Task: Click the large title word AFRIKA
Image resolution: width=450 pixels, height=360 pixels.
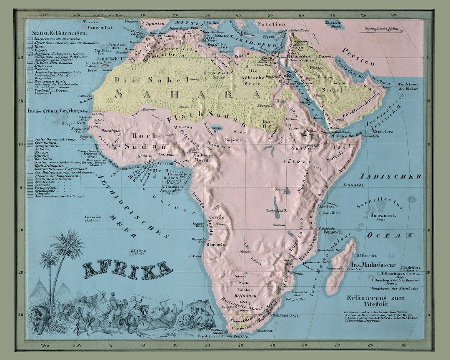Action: click(127, 271)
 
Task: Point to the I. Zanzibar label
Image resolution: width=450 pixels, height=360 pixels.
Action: click(330, 213)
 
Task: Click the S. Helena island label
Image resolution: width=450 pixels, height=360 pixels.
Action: click(137, 252)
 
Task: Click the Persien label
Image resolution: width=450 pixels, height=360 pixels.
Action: click(359, 56)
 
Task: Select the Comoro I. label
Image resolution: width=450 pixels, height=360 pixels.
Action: click(331, 231)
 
